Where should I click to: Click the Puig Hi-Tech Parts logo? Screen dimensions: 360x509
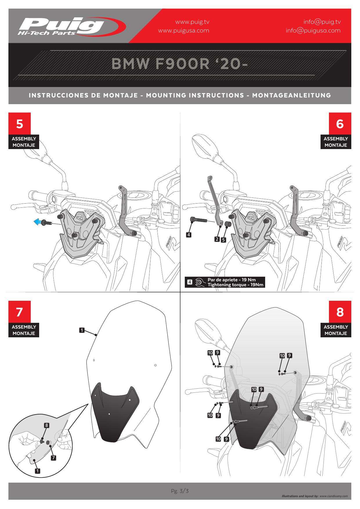coord(72,26)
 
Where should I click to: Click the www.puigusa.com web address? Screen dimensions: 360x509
coord(183,30)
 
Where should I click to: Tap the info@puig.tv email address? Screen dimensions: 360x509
coord(322,22)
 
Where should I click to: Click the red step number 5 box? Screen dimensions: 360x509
coord(19,124)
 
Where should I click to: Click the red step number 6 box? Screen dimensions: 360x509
coord(340,124)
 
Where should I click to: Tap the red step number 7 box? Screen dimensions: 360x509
coord(19,312)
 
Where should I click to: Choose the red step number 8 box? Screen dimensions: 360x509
coord(340,312)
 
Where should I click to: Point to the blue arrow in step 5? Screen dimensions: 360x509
coord(37,222)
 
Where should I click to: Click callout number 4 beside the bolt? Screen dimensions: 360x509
coord(189,235)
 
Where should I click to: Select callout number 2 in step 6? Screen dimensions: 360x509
coord(217,239)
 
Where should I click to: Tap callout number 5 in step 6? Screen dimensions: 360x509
coord(223,240)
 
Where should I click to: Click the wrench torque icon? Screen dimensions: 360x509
coord(199,282)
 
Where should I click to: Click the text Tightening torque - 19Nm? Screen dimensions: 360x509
coord(235,285)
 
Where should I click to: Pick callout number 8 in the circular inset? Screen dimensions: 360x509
coord(46,425)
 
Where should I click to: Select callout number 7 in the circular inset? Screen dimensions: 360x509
coord(53,458)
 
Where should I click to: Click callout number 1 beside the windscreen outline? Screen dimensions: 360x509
coord(82,330)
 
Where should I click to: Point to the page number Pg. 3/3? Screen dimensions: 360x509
coord(180,491)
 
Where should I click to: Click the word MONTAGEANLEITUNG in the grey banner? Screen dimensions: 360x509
coord(292,95)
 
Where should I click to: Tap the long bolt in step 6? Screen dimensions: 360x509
coord(198,220)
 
